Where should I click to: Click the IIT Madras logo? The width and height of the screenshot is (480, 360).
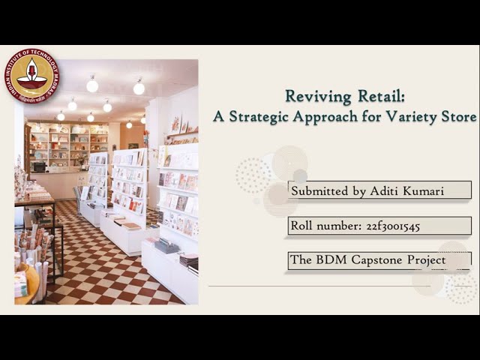(31, 75)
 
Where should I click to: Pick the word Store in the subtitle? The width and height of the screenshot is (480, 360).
(460, 117)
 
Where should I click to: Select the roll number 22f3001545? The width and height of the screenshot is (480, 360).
(383, 226)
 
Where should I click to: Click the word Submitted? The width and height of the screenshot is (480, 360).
(319, 190)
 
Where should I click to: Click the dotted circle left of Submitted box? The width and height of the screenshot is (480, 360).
(253, 175)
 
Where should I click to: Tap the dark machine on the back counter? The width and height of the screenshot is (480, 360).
(38, 166)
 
